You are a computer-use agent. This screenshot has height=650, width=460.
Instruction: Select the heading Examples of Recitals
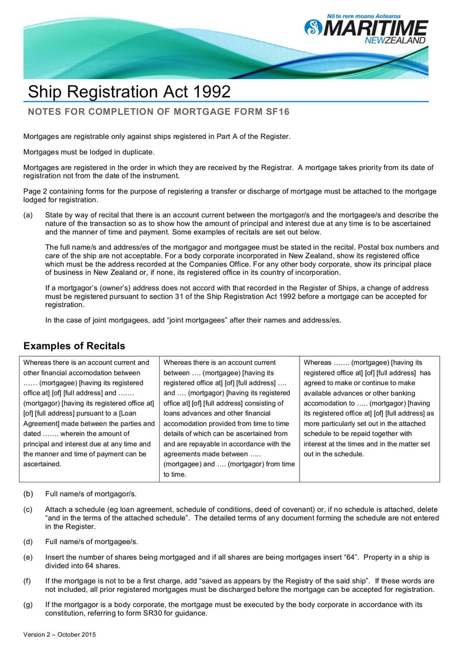[x=74, y=346]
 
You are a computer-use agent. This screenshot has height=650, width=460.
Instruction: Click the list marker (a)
[x=28, y=215]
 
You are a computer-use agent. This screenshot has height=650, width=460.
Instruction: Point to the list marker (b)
[x=28, y=494]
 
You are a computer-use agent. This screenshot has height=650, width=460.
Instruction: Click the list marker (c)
[x=28, y=510]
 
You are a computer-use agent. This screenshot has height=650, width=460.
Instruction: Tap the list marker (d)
[x=28, y=541]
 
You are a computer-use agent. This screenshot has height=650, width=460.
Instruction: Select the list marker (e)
[x=28, y=558]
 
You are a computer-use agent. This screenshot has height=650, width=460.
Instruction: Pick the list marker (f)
[x=28, y=581]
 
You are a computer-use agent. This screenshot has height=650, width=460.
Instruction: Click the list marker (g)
[x=28, y=605]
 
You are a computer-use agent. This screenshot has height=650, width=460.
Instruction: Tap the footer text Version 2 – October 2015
[x=59, y=634]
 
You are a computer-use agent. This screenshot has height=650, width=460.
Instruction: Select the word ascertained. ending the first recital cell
[x=42, y=464]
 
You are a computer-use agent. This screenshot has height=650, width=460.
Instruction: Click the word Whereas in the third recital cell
[x=317, y=362]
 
